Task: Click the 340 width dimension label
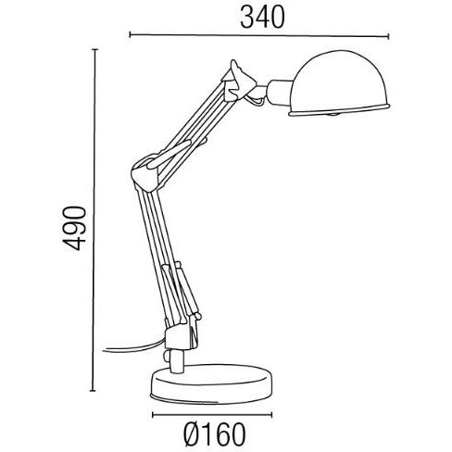pos(262,18)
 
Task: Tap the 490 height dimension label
pos(74,228)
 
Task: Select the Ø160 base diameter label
pos(215,434)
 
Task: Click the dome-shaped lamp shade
pos(340,83)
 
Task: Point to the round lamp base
pos(212,383)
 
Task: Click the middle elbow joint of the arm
pos(145,173)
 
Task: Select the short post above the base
pos(177,360)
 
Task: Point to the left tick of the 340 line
pos(130,34)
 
